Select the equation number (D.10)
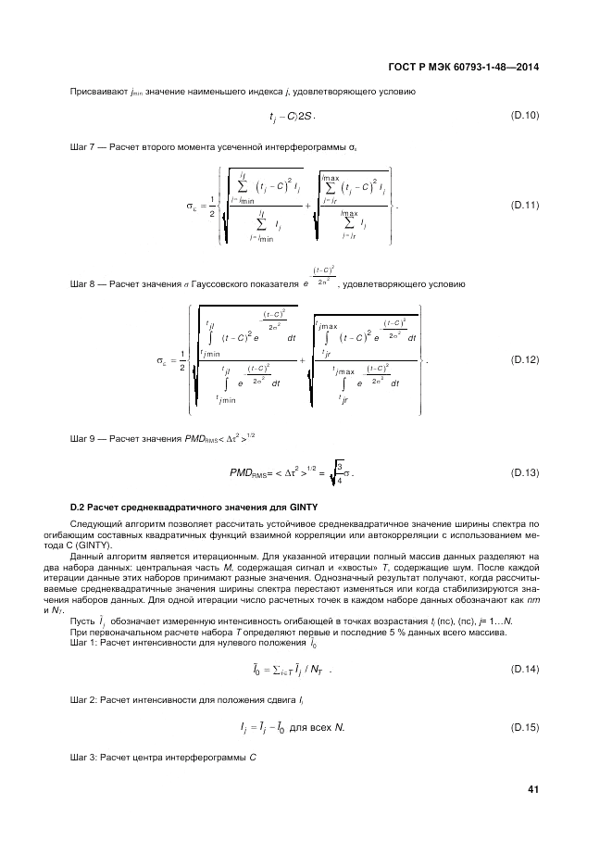525,115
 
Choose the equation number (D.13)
525,473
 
